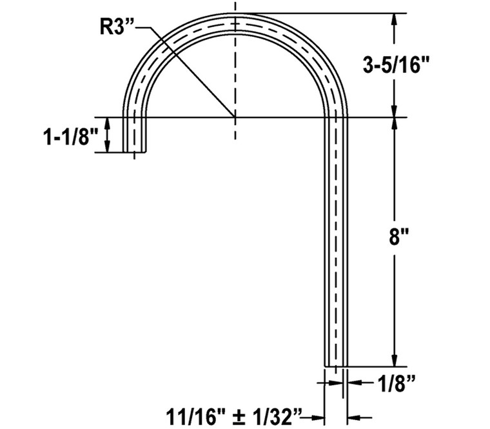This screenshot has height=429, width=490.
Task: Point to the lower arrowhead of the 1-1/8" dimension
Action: [x=108, y=148]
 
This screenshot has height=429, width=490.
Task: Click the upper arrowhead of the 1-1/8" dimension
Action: [x=108, y=122]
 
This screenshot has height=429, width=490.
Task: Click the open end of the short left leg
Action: [x=134, y=152]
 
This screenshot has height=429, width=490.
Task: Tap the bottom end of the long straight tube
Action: [x=335, y=366]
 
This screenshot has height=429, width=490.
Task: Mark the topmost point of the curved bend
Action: [x=235, y=14]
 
